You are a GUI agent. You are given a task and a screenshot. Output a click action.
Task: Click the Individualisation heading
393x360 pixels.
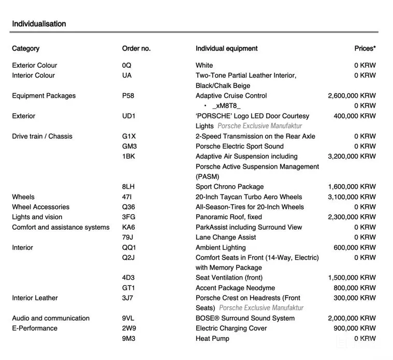(x=39, y=24)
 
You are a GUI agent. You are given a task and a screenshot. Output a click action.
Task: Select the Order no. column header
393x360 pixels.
(x=136, y=49)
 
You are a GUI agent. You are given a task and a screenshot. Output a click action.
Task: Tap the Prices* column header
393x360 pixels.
(x=365, y=49)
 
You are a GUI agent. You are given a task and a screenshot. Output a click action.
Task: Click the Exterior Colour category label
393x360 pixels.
(x=35, y=66)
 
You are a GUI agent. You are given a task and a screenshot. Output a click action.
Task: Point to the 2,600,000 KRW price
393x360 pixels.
(x=352, y=96)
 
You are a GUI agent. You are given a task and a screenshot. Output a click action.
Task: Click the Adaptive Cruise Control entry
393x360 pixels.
(x=231, y=96)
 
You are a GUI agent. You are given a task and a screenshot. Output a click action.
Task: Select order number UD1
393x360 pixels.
(x=129, y=116)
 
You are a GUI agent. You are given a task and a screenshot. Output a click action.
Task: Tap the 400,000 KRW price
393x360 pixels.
(x=355, y=116)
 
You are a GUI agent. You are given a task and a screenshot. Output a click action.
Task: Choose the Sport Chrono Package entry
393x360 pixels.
(x=229, y=187)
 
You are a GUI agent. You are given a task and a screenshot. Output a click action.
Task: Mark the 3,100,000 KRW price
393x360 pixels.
(x=352, y=197)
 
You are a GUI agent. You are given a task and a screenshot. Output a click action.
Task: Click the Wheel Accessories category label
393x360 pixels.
(x=40, y=207)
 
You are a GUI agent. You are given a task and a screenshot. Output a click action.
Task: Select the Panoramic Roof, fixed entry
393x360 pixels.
(x=228, y=217)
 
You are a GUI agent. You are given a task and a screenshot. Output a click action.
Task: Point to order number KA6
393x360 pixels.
(x=128, y=227)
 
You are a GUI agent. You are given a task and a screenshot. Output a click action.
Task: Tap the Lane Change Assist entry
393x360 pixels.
(x=226, y=237)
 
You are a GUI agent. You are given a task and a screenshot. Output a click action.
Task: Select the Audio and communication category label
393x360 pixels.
(x=51, y=319)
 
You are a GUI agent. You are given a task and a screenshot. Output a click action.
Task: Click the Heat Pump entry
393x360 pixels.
(x=212, y=339)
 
